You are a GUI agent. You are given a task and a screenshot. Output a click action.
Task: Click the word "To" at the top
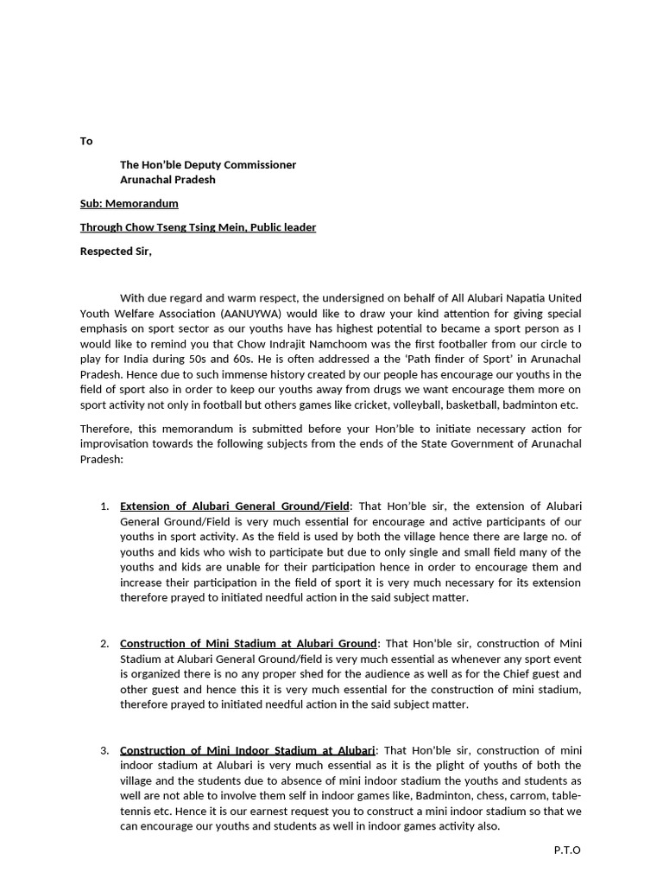[86, 141]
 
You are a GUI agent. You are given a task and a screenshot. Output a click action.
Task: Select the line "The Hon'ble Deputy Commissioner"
[207, 164]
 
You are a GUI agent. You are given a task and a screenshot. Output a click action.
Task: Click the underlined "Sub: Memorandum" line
[129, 203]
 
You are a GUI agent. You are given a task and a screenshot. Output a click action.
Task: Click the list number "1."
[104, 506]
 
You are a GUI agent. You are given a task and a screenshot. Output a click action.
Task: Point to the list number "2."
[104, 643]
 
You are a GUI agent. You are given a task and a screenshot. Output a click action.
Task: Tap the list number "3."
[104, 749]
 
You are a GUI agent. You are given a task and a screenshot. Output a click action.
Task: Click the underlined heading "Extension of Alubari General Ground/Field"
[235, 506]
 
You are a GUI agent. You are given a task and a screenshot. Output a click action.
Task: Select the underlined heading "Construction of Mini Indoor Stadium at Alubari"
[248, 749]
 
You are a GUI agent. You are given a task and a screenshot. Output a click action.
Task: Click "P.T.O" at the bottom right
[567, 850]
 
